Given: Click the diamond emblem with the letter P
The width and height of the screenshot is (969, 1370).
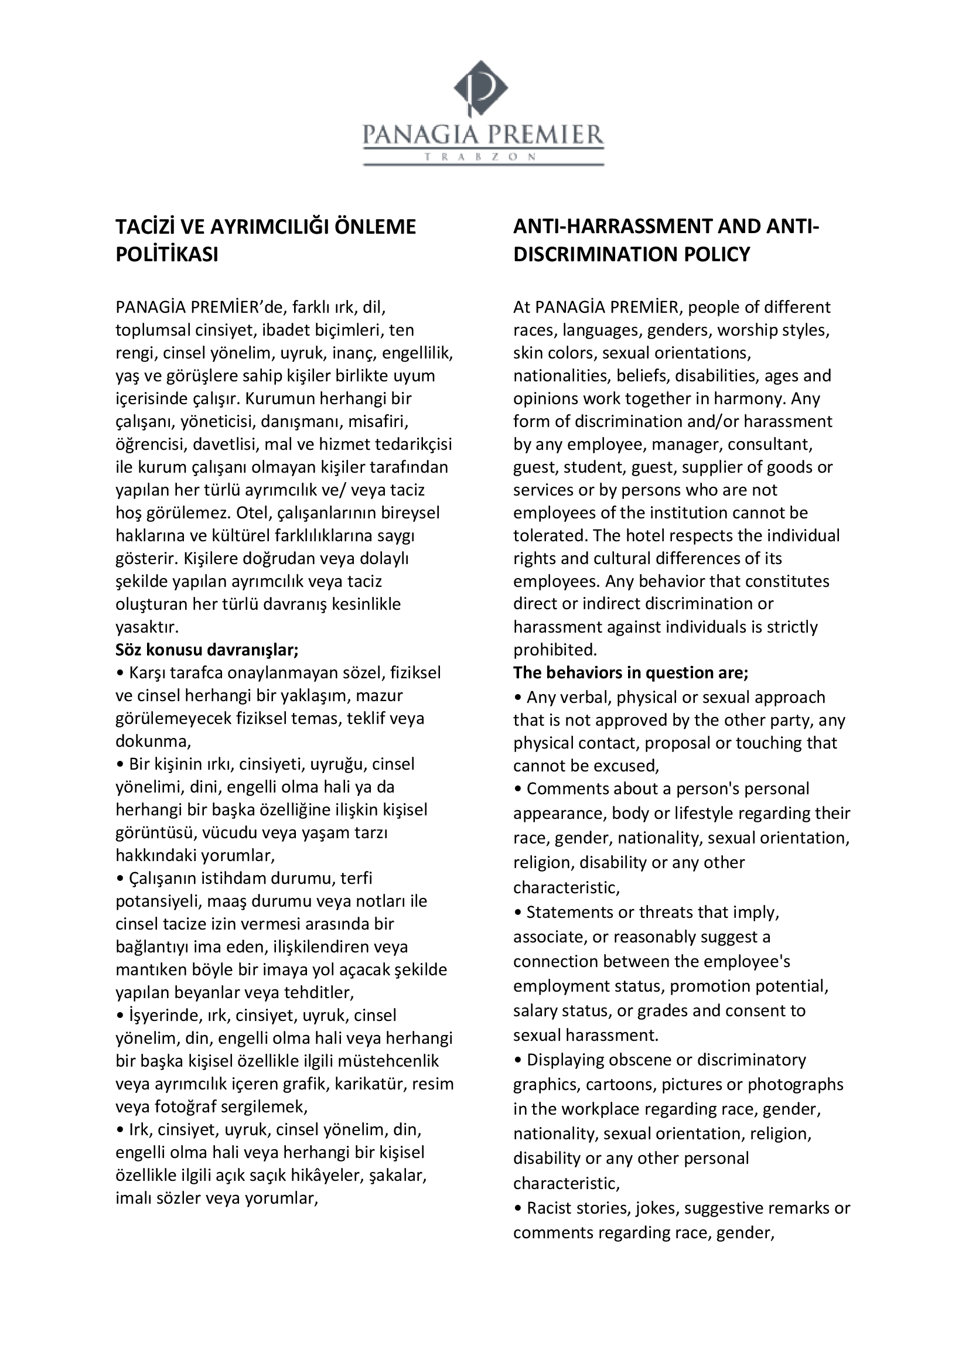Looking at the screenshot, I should [x=481, y=88].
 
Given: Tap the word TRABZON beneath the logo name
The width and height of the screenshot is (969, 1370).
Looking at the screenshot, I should [x=483, y=157].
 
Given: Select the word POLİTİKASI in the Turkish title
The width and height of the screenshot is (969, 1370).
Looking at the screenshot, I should [x=166, y=255].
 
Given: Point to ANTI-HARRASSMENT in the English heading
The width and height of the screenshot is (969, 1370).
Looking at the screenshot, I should [x=612, y=227].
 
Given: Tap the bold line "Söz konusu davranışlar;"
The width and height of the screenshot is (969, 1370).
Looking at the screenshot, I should [x=207, y=649].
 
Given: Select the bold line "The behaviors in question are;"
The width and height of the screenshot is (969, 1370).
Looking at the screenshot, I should [x=631, y=672].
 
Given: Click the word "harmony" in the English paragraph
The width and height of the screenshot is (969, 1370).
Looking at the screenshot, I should [x=745, y=399].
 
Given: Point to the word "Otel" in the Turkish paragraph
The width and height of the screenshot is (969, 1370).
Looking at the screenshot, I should [x=251, y=513].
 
